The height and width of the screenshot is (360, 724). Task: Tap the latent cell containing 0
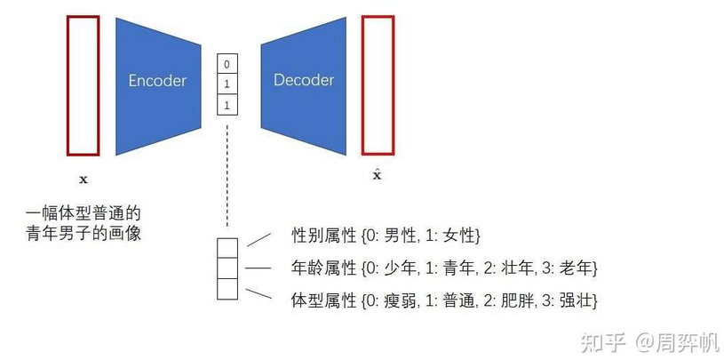227,65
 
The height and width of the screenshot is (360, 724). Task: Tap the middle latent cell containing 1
227,85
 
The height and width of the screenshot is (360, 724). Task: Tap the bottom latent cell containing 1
227,106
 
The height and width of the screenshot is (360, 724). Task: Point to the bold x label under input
84,180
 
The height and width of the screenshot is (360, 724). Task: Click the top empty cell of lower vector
228,246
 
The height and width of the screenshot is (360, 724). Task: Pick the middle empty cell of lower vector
228,268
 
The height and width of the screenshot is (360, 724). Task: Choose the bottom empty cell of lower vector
228,289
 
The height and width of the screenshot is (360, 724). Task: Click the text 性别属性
323,236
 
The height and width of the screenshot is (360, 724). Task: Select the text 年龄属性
323,268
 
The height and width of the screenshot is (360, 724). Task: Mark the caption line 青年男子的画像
84,235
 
